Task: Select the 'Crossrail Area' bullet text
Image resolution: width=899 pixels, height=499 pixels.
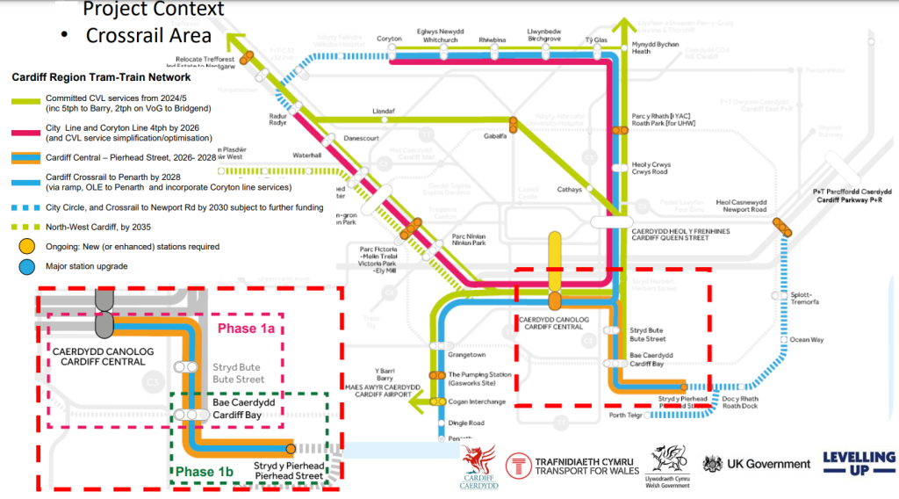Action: (x=148, y=36)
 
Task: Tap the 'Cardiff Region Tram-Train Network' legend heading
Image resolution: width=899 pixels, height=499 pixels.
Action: (x=101, y=77)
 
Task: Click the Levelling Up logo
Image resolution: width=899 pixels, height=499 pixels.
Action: (x=859, y=463)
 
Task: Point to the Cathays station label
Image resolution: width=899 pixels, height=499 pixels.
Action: (x=571, y=188)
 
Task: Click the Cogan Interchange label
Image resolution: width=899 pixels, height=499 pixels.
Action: (x=477, y=401)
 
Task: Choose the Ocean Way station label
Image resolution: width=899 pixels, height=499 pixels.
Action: (x=806, y=339)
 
